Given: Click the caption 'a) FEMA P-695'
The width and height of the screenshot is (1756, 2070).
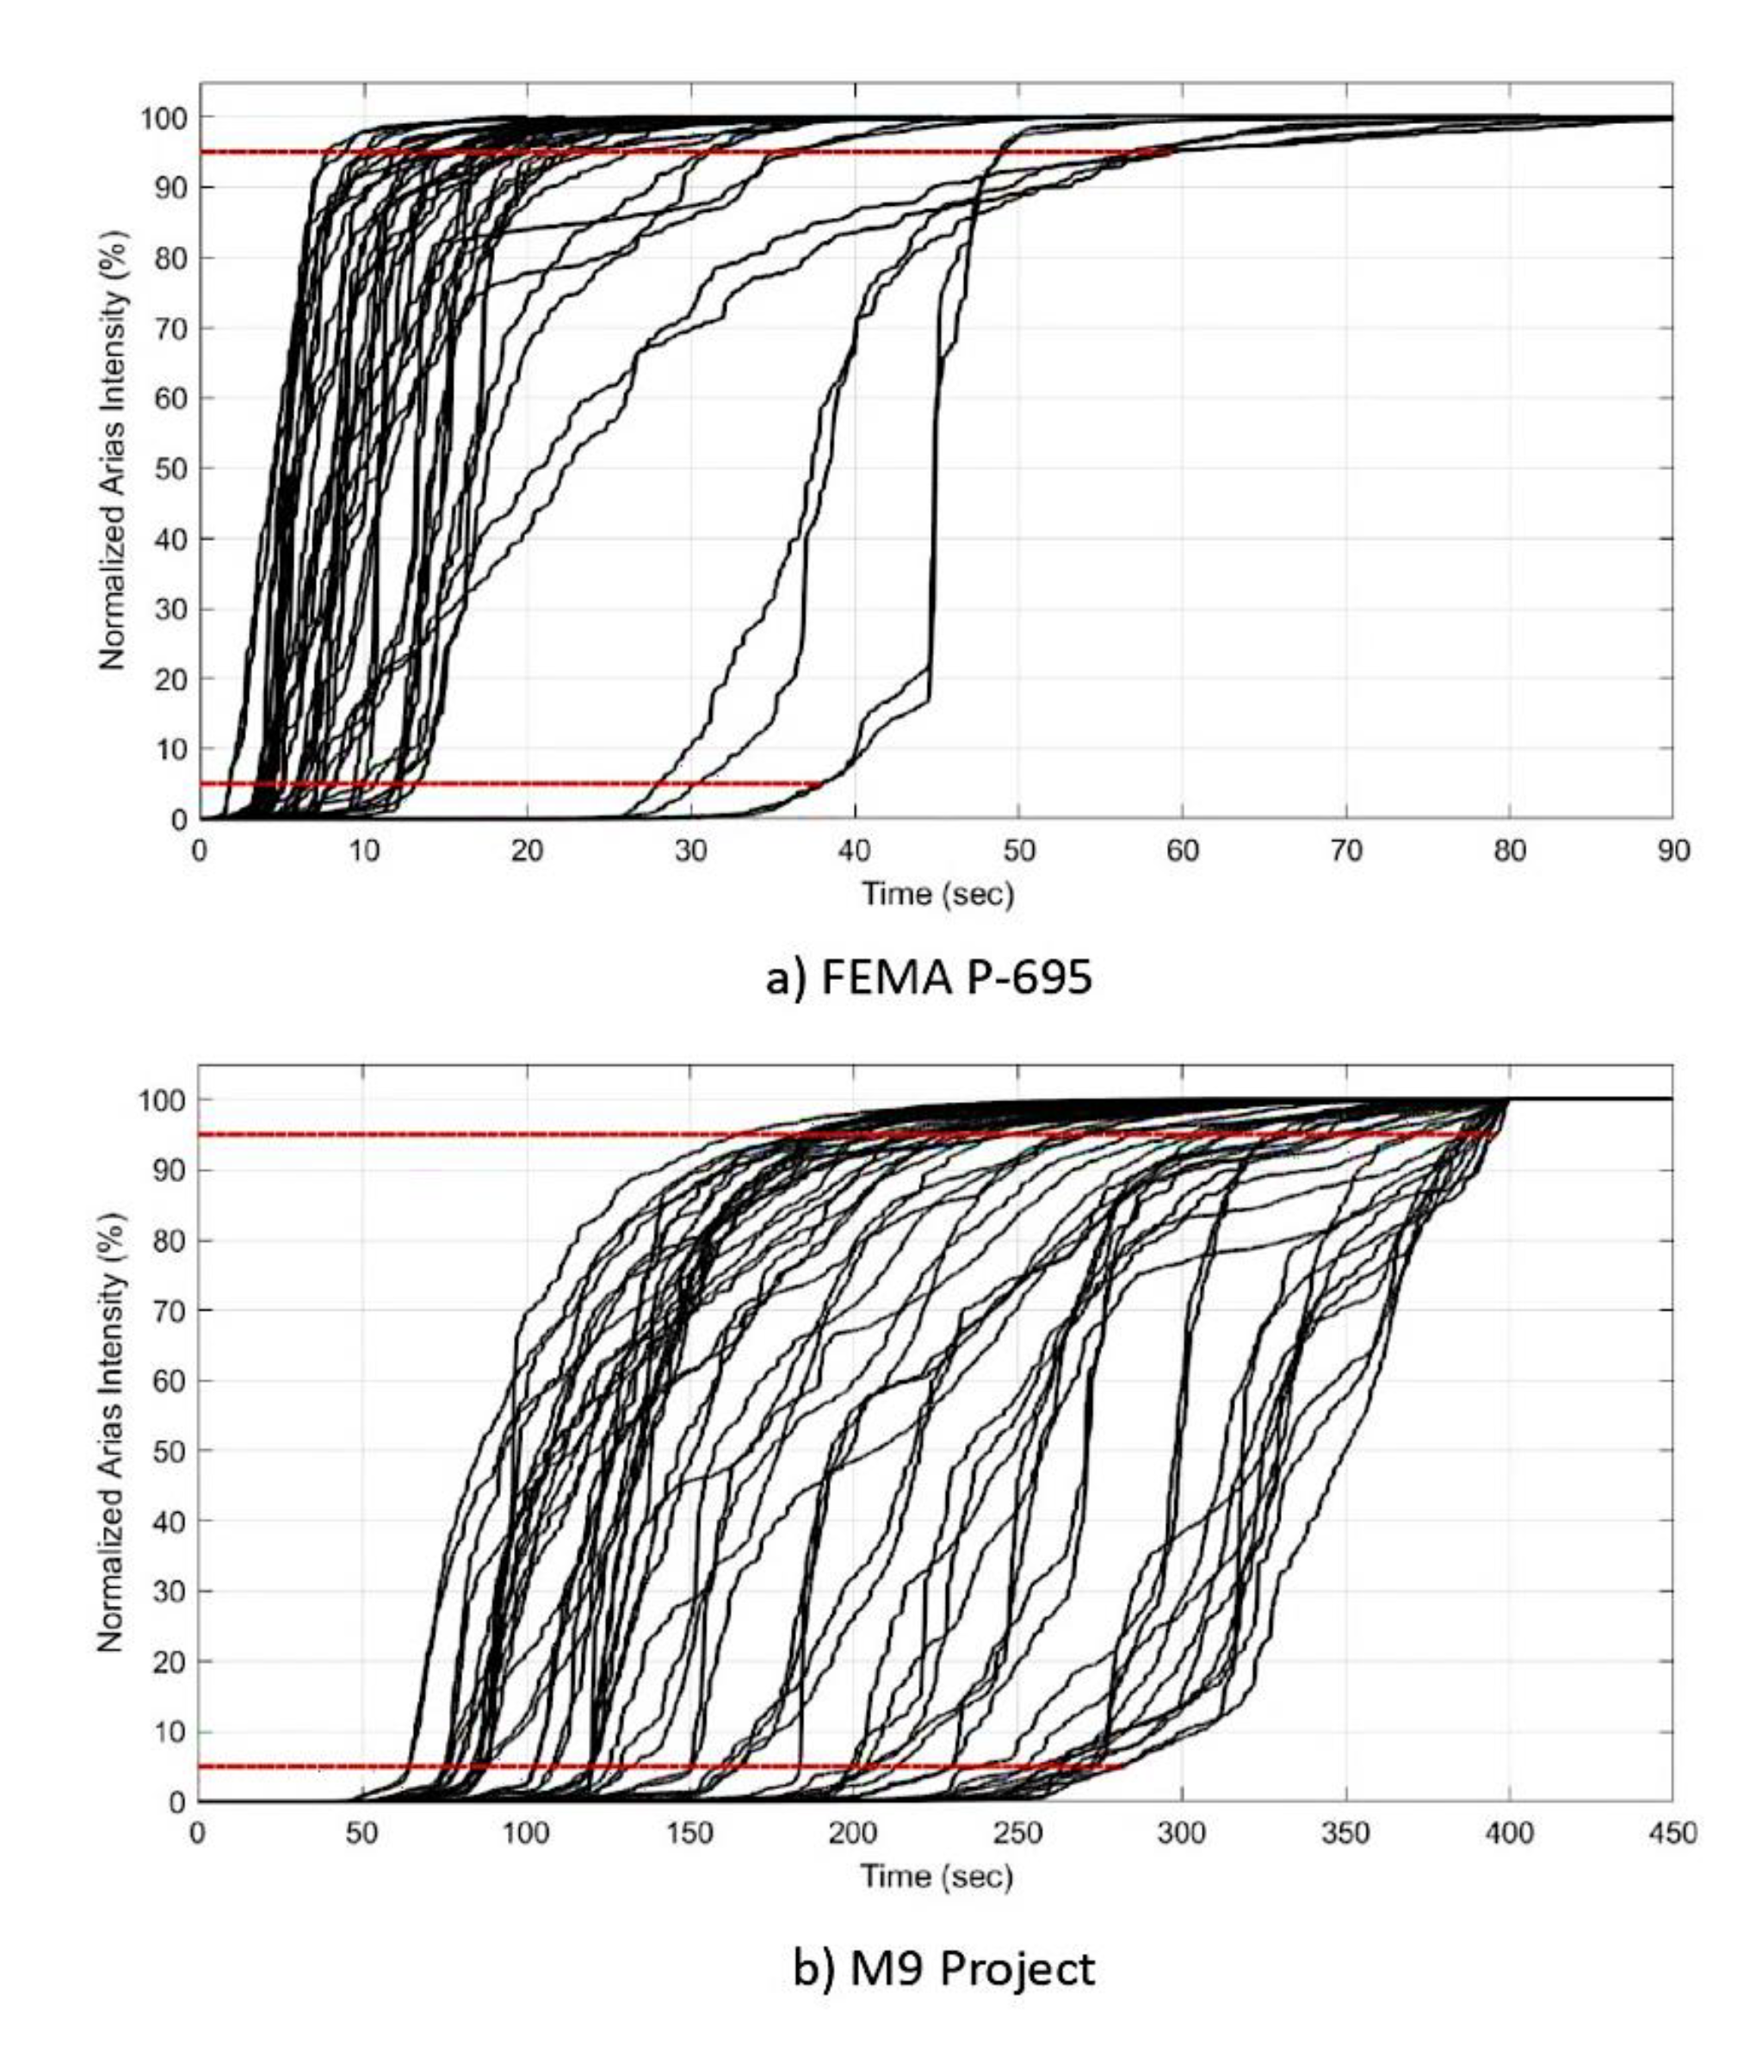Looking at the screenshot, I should coord(928,978).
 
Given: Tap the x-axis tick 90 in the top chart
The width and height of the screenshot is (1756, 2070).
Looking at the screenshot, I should coord(1673,852).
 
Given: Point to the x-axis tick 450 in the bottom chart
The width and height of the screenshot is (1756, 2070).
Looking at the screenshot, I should coord(1673,1833).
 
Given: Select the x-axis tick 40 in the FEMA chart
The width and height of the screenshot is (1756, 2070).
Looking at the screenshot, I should coord(854,852).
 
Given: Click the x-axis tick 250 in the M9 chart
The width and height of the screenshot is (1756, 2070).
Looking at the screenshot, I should coord(1017,1833).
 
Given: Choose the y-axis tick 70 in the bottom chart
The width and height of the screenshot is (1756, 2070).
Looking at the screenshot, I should coord(170,1311).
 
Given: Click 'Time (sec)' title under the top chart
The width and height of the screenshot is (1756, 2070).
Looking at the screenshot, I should coord(937,893).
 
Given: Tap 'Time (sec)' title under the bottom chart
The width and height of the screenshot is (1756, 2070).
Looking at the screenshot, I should coord(937,1876).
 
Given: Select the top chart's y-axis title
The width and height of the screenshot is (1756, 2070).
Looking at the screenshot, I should coord(113,451).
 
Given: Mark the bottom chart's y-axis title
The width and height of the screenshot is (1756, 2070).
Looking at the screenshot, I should coord(113,1433).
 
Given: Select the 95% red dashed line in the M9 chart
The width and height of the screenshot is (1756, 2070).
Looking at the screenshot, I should coord(498,1134).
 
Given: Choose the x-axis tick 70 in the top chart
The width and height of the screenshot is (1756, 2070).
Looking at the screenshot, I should coord(1346,852).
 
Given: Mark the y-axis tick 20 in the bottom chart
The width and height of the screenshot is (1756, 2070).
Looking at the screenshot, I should coord(170,1661).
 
